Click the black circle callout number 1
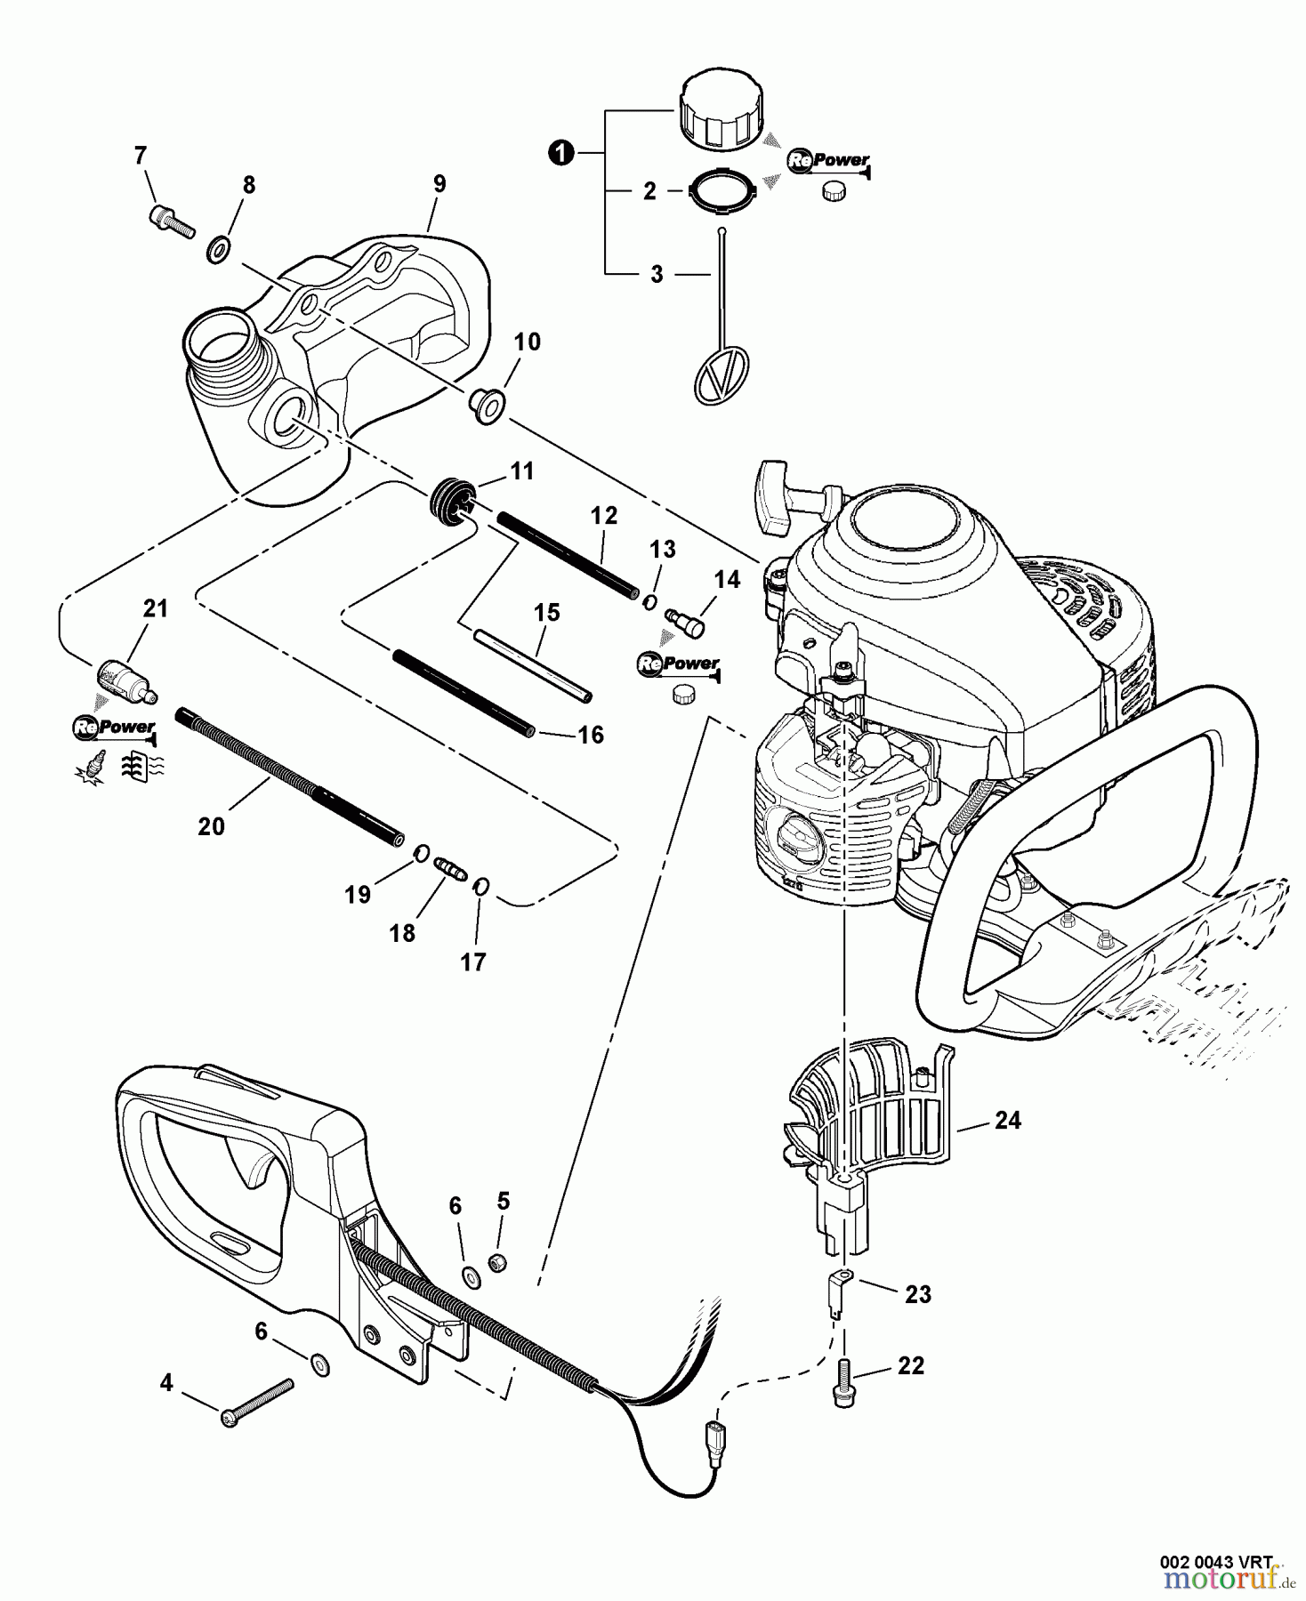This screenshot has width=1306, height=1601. coord(560,154)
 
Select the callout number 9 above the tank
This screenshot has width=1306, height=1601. coord(439,184)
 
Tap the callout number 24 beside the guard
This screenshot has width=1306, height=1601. coord(1007,1120)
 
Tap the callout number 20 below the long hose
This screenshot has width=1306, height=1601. coord(211,825)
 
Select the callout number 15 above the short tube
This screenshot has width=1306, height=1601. coord(546,612)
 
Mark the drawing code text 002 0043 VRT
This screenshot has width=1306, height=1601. coord(1216,1560)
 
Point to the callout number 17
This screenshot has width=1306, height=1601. coord(473,961)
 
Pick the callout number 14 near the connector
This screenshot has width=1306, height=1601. coord(727,580)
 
